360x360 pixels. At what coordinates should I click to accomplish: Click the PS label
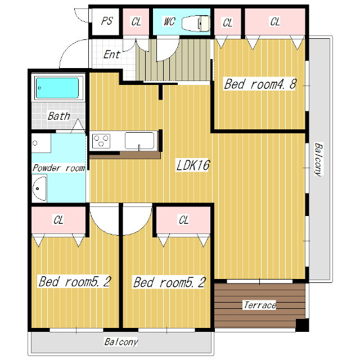107,21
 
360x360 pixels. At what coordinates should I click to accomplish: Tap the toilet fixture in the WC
196,23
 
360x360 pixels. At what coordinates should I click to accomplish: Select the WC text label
169,21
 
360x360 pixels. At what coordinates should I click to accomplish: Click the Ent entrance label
111,55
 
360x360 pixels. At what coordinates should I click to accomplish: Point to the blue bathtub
57,88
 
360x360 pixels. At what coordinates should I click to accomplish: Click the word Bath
58,116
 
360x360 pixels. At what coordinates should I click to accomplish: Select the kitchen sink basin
139,141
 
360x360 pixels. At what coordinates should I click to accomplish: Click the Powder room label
58,168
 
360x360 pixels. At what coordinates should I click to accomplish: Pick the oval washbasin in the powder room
39,189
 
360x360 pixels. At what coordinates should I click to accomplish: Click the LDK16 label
193,165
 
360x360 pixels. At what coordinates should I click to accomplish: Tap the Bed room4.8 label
260,84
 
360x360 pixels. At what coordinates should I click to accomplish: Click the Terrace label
259,305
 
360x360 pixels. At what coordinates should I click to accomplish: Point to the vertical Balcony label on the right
319,159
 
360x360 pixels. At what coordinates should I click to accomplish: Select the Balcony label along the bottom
121,342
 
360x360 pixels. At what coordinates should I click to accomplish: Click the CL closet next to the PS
136,22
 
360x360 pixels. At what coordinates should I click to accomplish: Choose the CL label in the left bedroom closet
58,220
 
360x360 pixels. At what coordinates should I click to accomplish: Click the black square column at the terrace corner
302,325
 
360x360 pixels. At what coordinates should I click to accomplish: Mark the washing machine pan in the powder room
41,143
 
